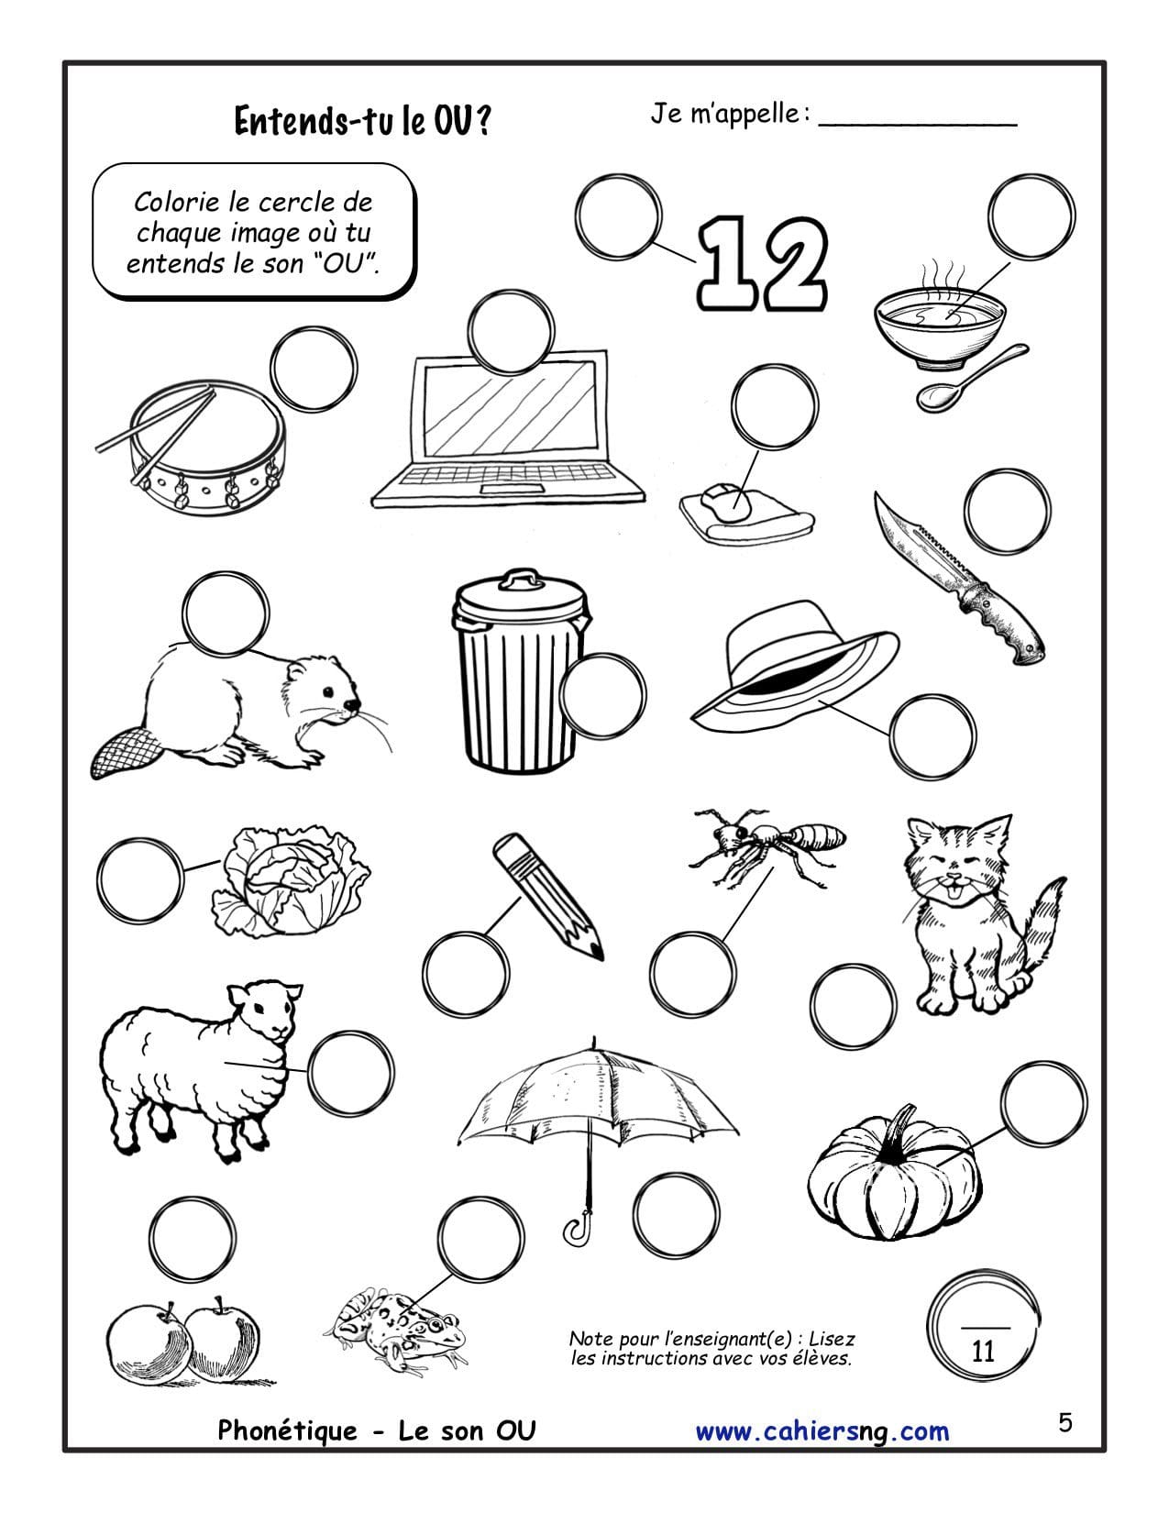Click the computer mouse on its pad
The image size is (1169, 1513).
point(725,502)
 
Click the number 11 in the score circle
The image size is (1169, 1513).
point(982,1352)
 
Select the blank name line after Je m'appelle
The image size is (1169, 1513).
point(918,126)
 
